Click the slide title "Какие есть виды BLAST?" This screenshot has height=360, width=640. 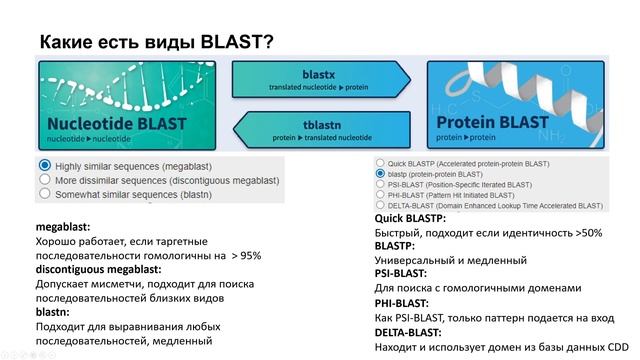coord(157,42)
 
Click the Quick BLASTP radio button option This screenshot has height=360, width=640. coord(380,162)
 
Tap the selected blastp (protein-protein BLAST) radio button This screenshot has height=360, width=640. coord(380,173)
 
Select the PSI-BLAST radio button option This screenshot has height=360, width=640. coord(380,184)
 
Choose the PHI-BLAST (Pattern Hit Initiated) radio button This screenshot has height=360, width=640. coord(380,195)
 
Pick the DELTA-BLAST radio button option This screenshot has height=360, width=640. coord(380,206)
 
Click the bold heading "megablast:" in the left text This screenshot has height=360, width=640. coord(67,227)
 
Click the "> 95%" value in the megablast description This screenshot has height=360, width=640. coord(245,256)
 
